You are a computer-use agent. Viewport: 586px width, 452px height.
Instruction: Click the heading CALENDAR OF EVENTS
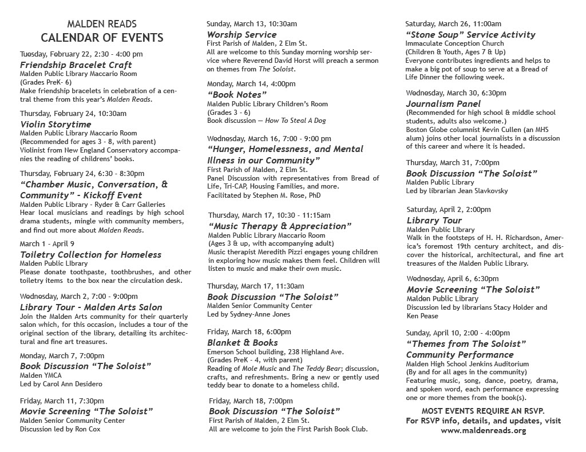(x=102, y=38)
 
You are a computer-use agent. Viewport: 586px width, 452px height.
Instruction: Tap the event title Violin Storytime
(x=56, y=124)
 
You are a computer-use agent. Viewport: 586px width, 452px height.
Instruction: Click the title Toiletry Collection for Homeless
(x=90, y=254)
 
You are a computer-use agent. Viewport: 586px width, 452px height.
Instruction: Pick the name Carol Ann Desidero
(x=69, y=383)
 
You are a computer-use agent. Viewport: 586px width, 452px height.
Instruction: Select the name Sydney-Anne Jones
(x=250, y=314)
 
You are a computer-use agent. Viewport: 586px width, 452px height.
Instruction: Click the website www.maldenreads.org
(x=483, y=430)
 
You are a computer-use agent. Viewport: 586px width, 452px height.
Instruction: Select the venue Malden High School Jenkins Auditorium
(x=467, y=363)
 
